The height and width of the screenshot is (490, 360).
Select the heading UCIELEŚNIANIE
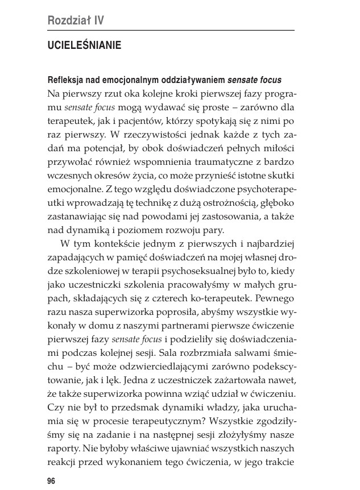point(85,45)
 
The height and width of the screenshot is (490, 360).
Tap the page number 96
point(51,481)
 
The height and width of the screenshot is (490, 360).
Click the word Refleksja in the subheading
point(67,78)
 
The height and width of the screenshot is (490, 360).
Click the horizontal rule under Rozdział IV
point(171,30)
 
